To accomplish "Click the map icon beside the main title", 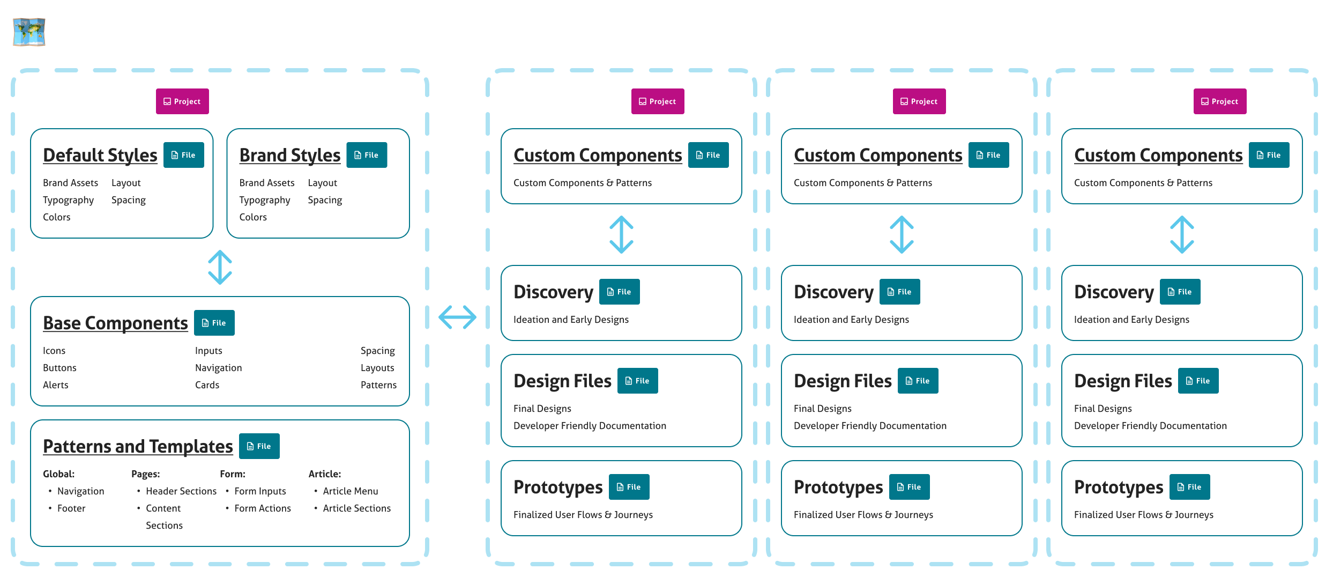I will (x=29, y=33).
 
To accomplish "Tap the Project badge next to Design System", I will (x=182, y=101).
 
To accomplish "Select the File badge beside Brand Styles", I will (x=367, y=155).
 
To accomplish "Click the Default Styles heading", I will (x=100, y=155).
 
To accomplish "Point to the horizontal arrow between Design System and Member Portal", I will (x=457, y=317).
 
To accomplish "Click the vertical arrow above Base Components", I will (x=220, y=268).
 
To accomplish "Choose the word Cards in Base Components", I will (x=207, y=385).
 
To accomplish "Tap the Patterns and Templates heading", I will (x=138, y=446).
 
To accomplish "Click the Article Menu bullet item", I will (x=350, y=491).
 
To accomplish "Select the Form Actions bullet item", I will (x=262, y=508).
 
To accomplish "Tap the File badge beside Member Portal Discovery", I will (x=619, y=292).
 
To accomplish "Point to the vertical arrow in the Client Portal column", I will (x=902, y=234).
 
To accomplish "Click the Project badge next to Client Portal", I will (x=919, y=101).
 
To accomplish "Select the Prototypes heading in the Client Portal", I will (x=838, y=487).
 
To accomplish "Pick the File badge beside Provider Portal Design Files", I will (x=1198, y=381).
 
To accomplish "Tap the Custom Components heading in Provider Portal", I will (x=1158, y=155).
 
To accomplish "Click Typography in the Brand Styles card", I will (x=264, y=200).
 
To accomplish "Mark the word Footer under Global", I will (x=71, y=508).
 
